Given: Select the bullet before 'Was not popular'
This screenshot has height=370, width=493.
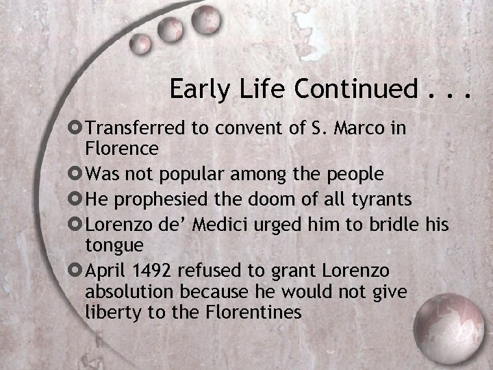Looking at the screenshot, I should [77, 174].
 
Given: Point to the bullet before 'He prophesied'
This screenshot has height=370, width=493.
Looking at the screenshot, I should [77, 199].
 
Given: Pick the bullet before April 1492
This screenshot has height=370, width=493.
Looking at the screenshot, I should [77, 270].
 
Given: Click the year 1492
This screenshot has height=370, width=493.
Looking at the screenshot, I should [151, 270].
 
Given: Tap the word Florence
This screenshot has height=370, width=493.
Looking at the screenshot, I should [122, 148].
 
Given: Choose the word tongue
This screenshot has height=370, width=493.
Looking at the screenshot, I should [114, 245].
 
